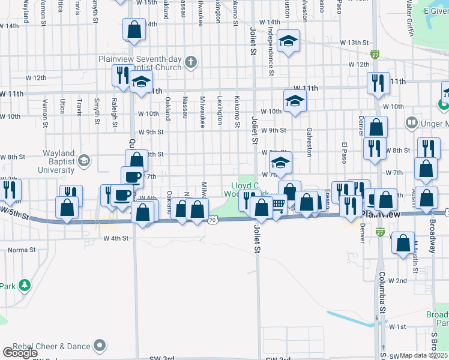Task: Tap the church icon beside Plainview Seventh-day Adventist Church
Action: [x=191, y=61]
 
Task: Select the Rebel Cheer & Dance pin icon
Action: [x=100, y=346]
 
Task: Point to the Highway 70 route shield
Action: [x=213, y=220]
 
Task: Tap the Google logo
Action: [x=20, y=353]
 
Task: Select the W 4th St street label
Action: [x=116, y=238]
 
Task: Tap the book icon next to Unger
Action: [x=411, y=124]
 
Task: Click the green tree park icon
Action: [x=25, y=284]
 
